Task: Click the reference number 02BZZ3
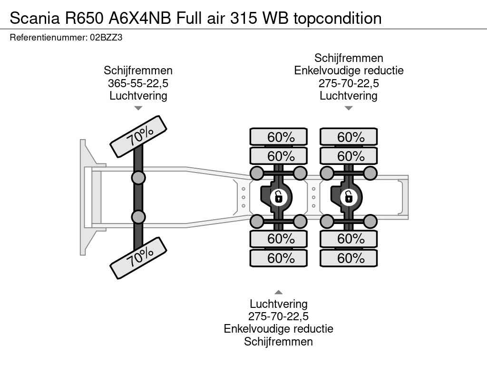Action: tap(106, 38)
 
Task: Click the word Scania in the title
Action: tap(35, 18)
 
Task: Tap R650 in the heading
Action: tap(84, 18)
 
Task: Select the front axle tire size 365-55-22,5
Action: tap(138, 83)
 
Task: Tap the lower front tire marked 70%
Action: tap(138, 258)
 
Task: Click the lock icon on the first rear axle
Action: tap(278, 197)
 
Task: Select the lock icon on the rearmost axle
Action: tap(348, 197)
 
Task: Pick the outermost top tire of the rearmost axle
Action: tap(349, 137)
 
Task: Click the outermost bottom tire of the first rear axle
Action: tap(279, 258)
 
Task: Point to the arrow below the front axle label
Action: tap(138, 108)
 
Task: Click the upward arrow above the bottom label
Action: tap(279, 292)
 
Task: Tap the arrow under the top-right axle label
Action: tap(349, 108)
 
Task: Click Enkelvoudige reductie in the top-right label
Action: tap(349, 71)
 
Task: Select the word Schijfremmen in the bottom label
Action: tap(279, 341)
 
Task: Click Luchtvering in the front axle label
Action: tap(138, 95)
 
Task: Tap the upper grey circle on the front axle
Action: tap(138, 178)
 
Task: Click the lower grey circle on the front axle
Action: tap(138, 217)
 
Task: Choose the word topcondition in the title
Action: tap(338, 19)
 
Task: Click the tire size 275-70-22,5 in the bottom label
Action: tap(279, 316)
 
